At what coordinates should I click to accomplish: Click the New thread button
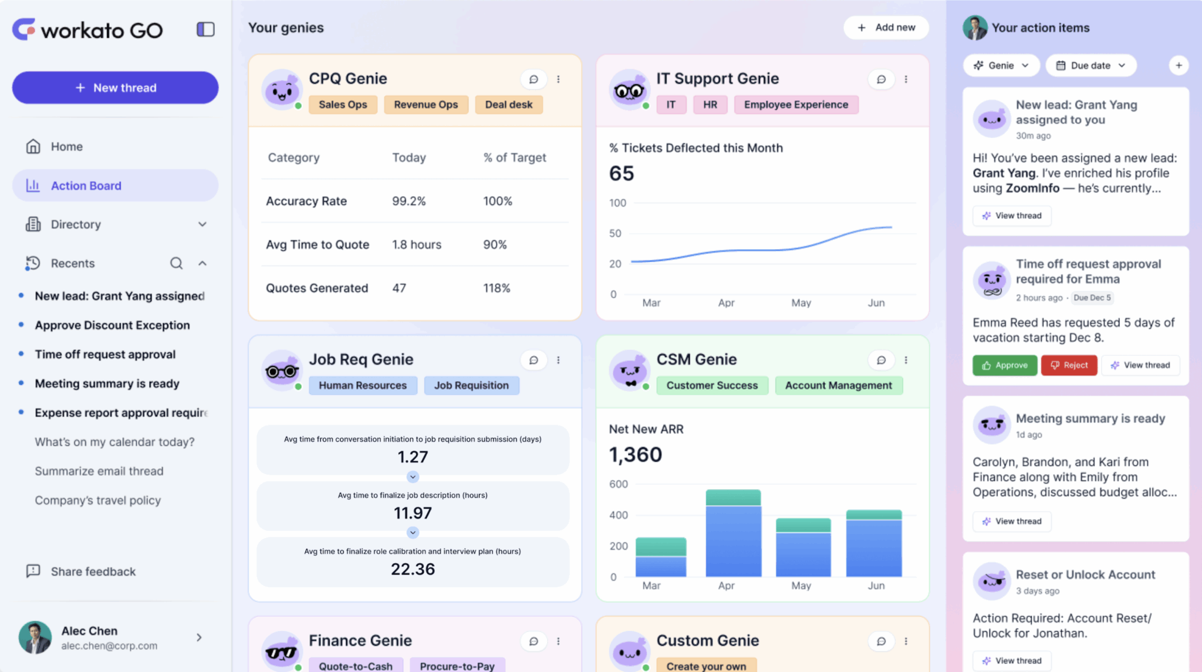click(115, 88)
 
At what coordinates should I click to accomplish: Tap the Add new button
click(886, 28)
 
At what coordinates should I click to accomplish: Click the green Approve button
click(1005, 365)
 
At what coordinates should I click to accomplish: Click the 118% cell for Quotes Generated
click(497, 288)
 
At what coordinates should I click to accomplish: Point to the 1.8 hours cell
click(417, 245)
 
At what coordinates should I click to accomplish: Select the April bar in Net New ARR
click(733, 533)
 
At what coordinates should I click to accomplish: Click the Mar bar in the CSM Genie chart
click(661, 557)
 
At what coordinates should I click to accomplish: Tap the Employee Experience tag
click(796, 105)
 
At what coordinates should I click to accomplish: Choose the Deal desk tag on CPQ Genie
click(508, 105)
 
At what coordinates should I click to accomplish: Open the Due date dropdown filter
click(1090, 65)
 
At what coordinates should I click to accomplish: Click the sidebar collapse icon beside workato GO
click(205, 29)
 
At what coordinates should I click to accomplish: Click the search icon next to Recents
click(176, 263)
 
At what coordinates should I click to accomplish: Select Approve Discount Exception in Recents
click(112, 325)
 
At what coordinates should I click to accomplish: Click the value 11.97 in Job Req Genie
click(413, 513)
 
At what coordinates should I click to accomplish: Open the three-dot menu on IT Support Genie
click(906, 79)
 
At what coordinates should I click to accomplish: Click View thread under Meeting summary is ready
click(1012, 522)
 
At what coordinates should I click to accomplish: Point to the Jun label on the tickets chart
click(876, 303)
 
